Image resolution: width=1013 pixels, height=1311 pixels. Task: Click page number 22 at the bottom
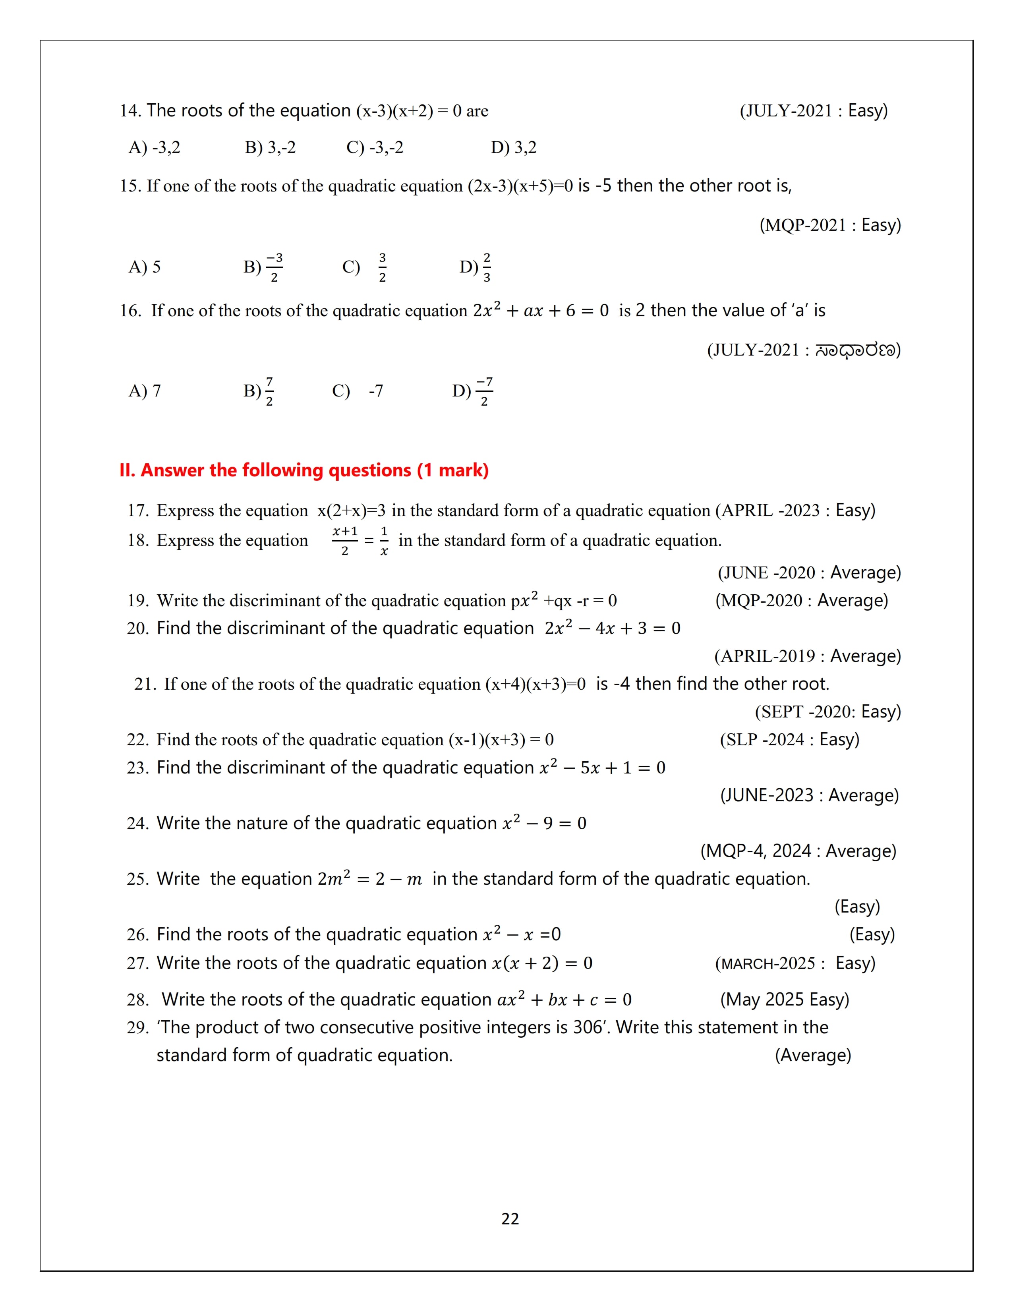point(510,1218)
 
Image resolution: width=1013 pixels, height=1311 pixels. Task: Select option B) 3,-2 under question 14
point(270,148)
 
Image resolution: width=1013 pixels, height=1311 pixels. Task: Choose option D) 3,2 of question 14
point(514,148)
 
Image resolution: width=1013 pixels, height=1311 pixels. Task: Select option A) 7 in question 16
point(145,391)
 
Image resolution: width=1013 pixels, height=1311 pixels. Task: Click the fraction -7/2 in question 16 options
point(484,391)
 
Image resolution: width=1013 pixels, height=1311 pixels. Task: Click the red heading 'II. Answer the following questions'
point(304,470)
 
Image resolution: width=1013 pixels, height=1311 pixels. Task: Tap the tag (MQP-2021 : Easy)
point(830,225)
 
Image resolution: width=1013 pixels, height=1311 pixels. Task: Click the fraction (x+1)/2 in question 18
point(345,540)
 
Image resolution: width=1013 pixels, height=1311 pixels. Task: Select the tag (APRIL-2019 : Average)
point(807,656)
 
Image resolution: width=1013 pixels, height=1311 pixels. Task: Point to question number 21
point(144,685)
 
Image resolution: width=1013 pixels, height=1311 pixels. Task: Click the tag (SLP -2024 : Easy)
point(789,740)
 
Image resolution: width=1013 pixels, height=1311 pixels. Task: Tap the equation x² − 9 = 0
point(544,823)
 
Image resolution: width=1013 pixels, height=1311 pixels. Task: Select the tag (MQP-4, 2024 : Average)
point(798,851)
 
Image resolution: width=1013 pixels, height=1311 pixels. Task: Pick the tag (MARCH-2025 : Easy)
point(795,963)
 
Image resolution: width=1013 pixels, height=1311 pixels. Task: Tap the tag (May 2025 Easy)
point(784,1000)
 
